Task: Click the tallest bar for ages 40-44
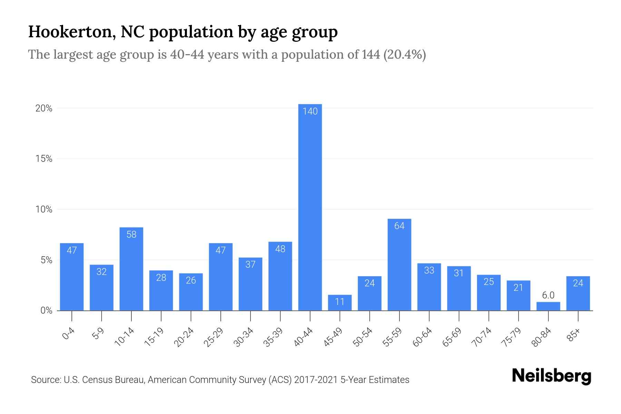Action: coord(310,207)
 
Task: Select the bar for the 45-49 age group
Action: coord(339,303)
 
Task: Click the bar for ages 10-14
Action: coord(131,269)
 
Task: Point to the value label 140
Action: coord(310,111)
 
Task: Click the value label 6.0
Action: coord(548,295)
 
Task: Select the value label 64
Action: coord(399,226)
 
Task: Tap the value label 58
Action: coord(131,235)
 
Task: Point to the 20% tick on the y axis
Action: coord(44,109)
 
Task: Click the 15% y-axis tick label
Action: coord(44,159)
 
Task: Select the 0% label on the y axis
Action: coord(46,310)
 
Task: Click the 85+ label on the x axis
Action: coord(574,335)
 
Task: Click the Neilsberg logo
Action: coord(551,376)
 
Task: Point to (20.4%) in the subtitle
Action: coord(404,55)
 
